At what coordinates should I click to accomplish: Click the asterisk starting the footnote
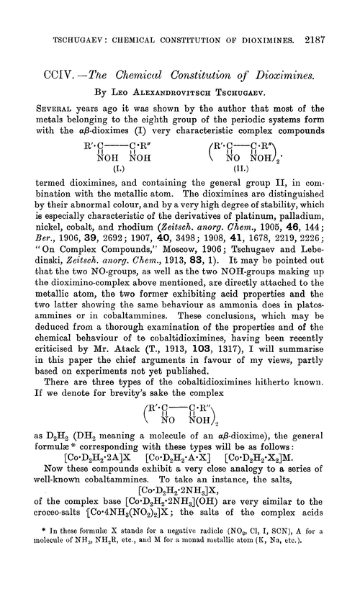pyautogui.click(x=46, y=577)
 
